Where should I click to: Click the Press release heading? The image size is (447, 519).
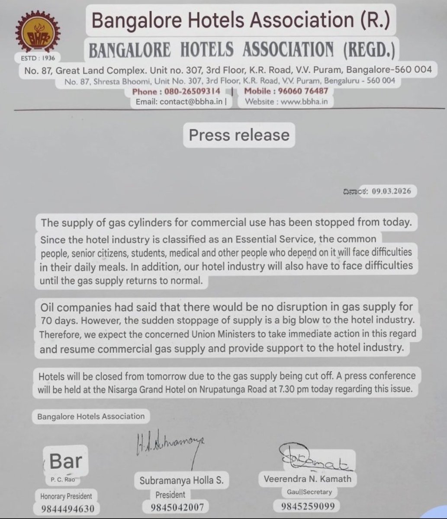(239, 135)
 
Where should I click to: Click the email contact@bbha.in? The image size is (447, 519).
(181, 102)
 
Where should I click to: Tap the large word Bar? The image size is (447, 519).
(65, 461)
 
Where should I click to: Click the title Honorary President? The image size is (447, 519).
(66, 496)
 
